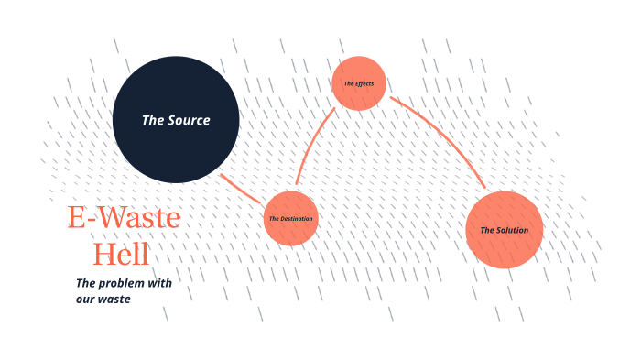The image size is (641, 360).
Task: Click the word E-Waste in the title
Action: coord(124,218)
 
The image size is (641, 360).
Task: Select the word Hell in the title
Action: coord(122,253)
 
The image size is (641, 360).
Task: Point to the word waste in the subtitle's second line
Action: coord(114,299)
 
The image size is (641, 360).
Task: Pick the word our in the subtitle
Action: coord(86,299)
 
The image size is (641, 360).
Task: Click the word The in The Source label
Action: coord(152,120)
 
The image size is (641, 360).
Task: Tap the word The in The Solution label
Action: coord(487,230)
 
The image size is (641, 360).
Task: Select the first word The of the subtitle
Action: coord(85,283)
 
